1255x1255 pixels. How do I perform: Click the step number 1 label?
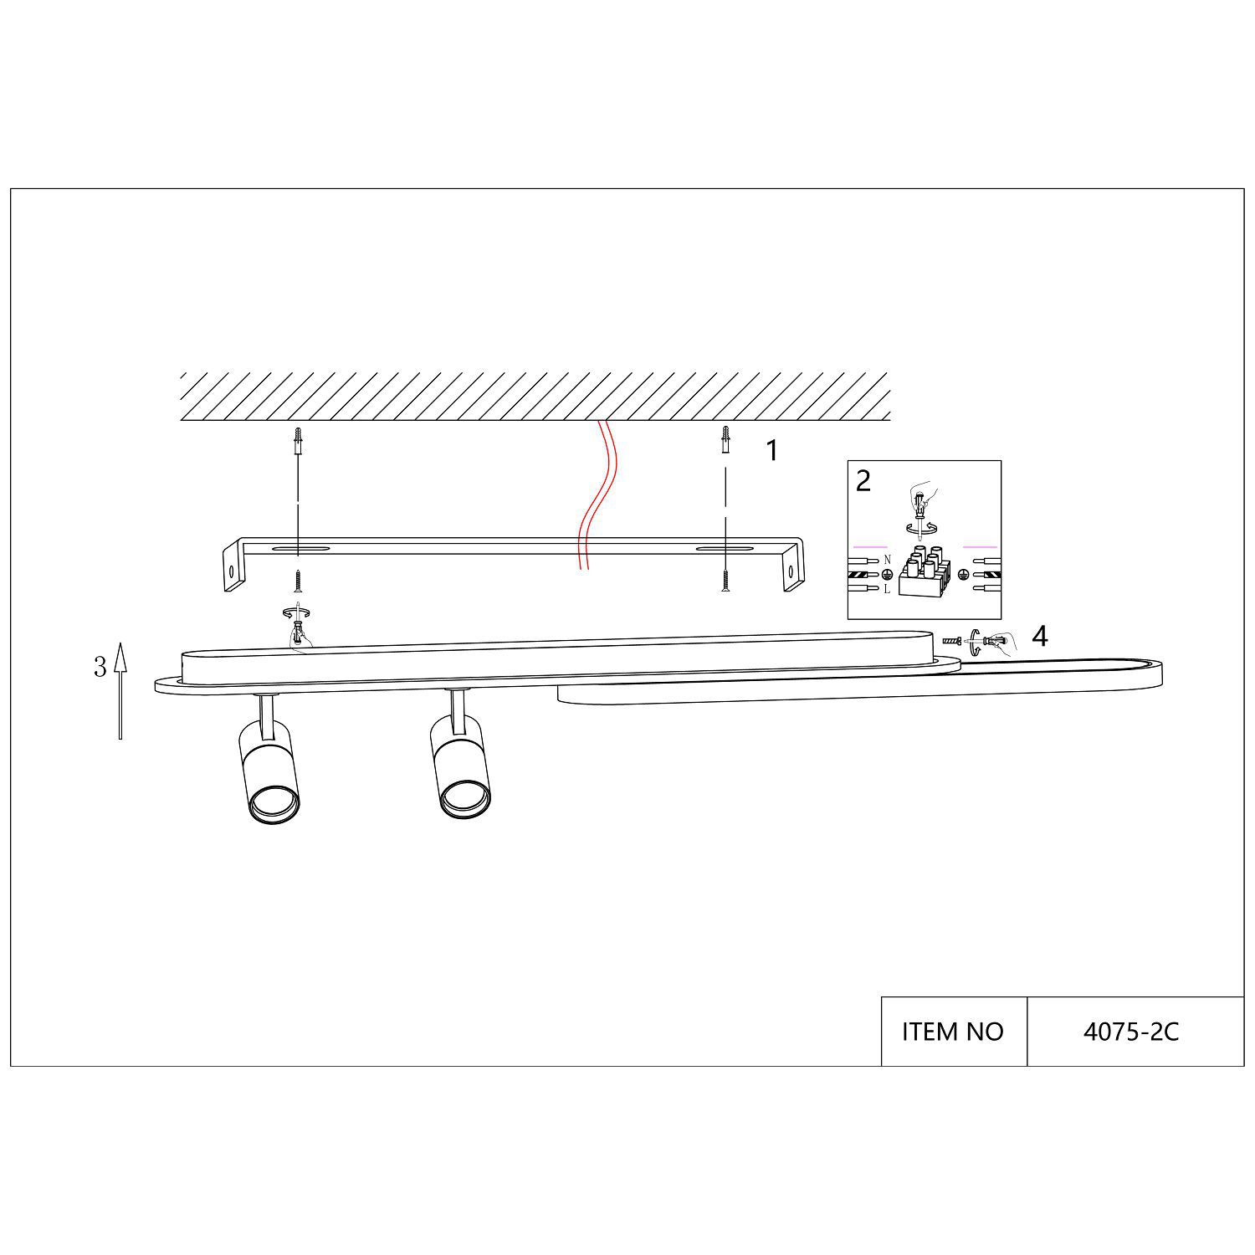[772, 451]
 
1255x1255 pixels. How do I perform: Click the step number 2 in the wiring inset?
[863, 480]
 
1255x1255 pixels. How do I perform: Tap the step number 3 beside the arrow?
[100, 667]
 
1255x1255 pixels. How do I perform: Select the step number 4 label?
[1039, 637]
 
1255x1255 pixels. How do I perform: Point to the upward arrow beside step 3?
[120, 690]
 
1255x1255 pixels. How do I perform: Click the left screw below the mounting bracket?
[297, 580]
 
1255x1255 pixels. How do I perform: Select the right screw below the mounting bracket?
[725, 580]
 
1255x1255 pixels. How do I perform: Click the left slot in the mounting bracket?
[299, 550]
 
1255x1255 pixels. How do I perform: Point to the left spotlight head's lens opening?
[274, 802]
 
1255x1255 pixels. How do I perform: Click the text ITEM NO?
[952, 1032]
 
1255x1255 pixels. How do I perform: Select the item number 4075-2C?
[1131, 1032]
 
